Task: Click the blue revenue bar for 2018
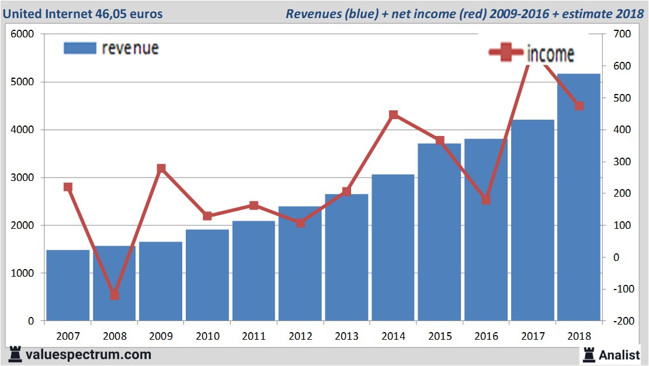pos(579,198)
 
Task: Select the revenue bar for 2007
pos(68,286)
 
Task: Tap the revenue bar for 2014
pos(393,248)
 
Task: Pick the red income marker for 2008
pos(114,295)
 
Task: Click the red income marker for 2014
pos(393,114)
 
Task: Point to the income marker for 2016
pos(486,200)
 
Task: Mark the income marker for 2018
pos(579,106)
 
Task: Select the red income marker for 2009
pos(161,169)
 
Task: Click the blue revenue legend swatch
pos(79,48)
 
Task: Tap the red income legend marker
pos(505,53)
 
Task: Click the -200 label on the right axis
pos(620,321)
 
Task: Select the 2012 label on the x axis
pos(300,336)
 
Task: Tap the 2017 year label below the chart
pos(533,336)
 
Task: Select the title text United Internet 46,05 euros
pos(83,13)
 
